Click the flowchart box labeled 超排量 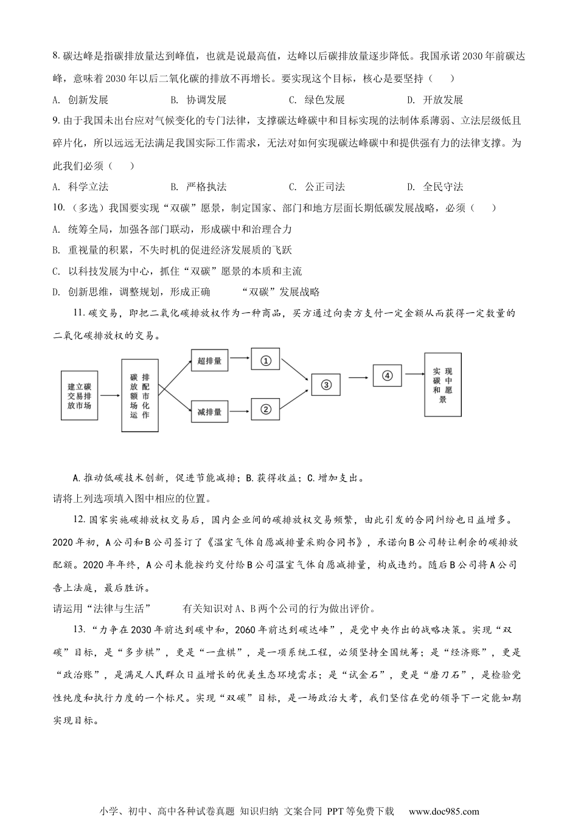(x=209, y=360)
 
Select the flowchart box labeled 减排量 (x=209, y=412)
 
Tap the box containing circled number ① (x=265, y=360)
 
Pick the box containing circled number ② (x=265, y=409)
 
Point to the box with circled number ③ (x=326, y=384)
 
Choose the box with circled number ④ (x=388, y=376)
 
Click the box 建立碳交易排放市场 (x=79, y=396)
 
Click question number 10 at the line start (x=59, y=208)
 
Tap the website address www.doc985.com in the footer (x=444, y=811)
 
